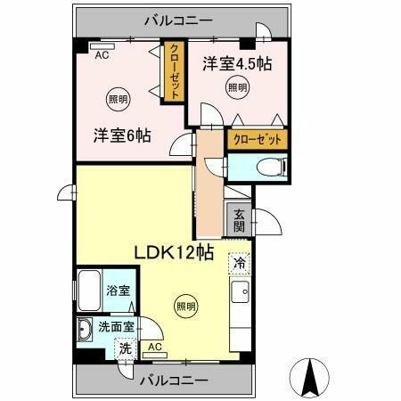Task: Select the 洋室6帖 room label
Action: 122,135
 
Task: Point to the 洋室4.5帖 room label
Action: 236,63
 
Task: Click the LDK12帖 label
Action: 173,252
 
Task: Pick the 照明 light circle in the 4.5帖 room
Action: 236,87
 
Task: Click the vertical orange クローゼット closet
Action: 174,74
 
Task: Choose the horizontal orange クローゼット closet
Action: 258,139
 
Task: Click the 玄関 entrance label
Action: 240,218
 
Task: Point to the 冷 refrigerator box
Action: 239,264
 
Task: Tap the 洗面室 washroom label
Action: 117,327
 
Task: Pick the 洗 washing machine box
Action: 125,348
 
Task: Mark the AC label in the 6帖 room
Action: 102,53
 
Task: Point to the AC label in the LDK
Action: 154,347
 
